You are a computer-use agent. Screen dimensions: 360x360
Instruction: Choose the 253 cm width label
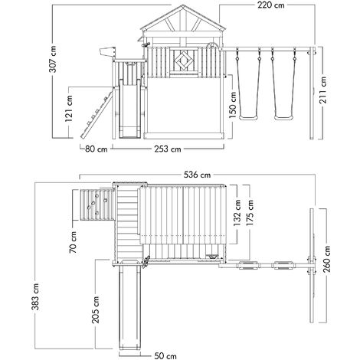point(165,149)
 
